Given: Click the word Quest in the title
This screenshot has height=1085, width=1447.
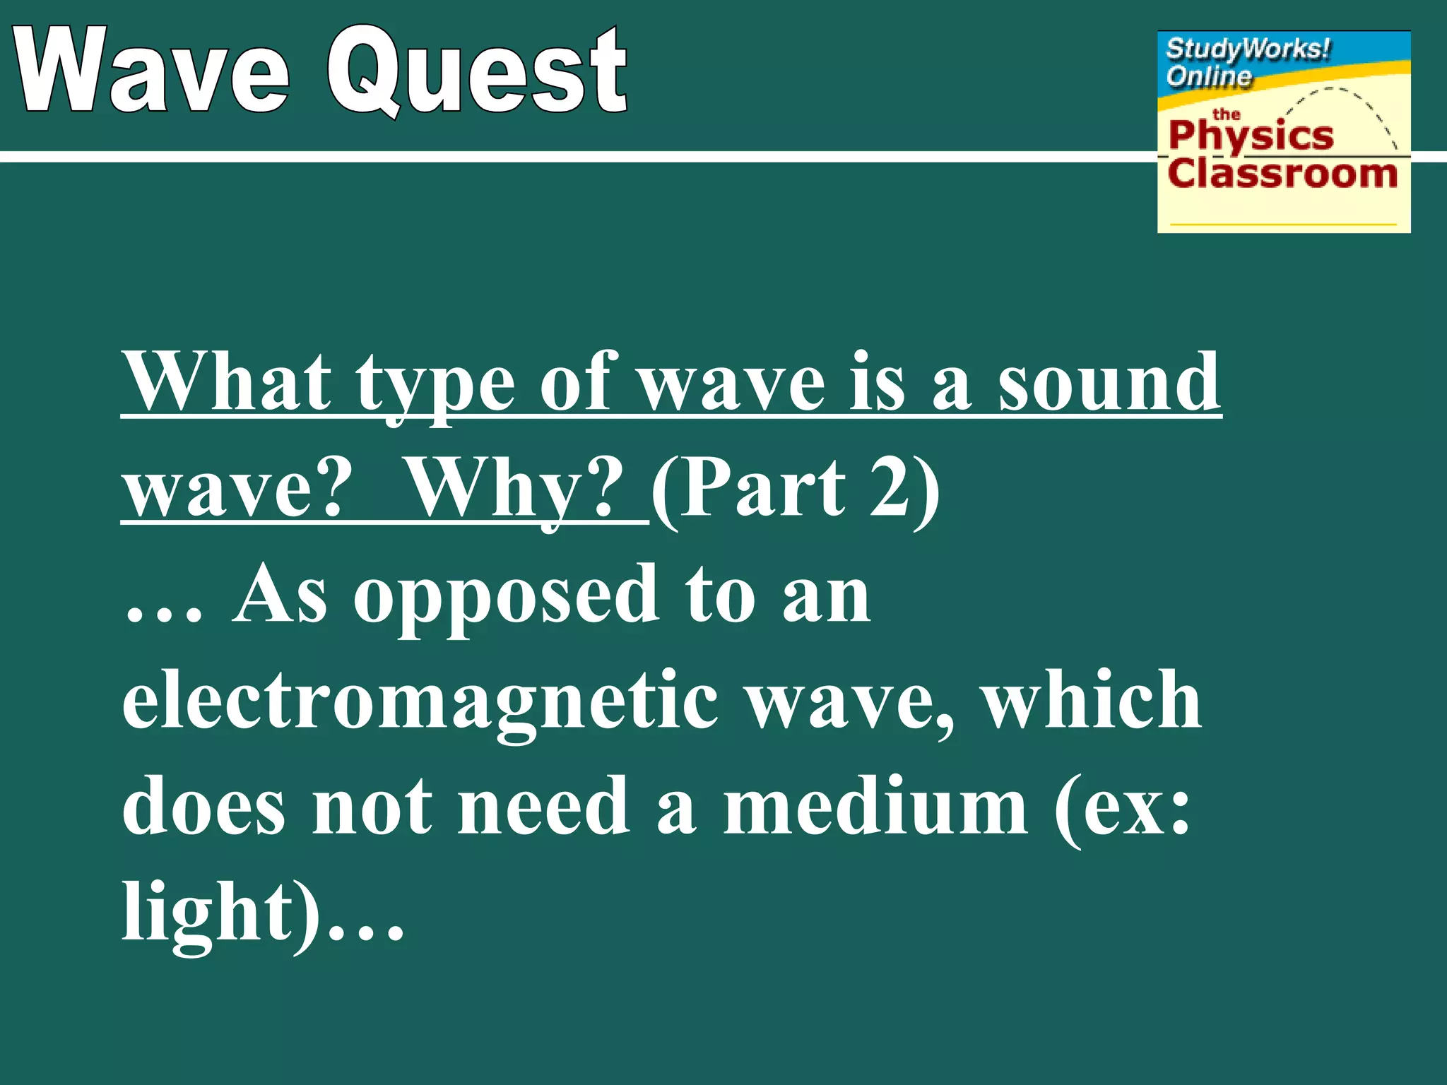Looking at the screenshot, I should (x=477, y=71).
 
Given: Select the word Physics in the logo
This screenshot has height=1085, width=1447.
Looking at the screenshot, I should (x=1251, y=136).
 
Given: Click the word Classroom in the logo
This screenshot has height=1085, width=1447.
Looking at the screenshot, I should (x=1282, y=174).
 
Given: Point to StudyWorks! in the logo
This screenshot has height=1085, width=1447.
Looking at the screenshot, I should (x=1247, y=49).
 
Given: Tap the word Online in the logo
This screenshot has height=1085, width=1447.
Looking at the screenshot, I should (x=1208, y=76).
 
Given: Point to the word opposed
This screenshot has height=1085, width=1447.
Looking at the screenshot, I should (x=506, y=597).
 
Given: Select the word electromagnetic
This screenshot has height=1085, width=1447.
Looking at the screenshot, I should (x=420, y=703).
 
